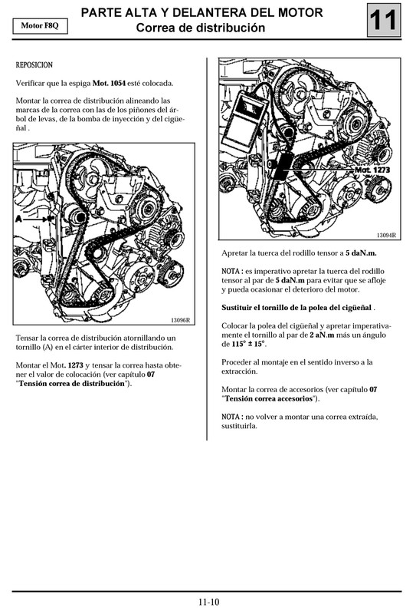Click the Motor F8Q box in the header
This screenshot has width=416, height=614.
(39, 25)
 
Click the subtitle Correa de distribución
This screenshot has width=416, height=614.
(201, 28)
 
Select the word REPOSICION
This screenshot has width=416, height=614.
(34, 65)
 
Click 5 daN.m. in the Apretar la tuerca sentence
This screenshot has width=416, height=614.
(361, 253)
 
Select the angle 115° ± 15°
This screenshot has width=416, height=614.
(244, 345)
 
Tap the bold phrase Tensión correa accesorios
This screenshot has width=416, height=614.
(270, 399)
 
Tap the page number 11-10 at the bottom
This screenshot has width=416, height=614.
(208, 602)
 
